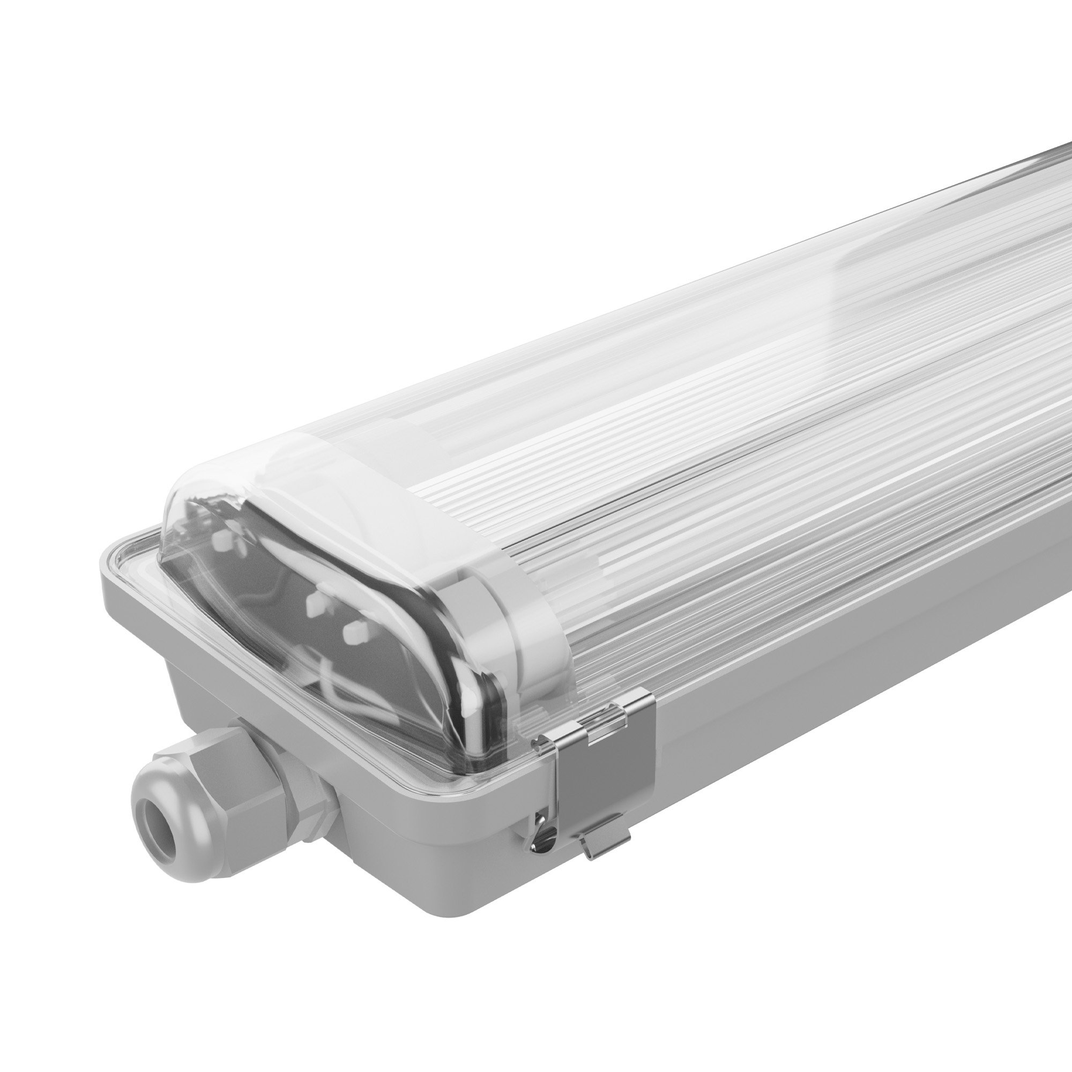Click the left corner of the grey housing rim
coord(108,566)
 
